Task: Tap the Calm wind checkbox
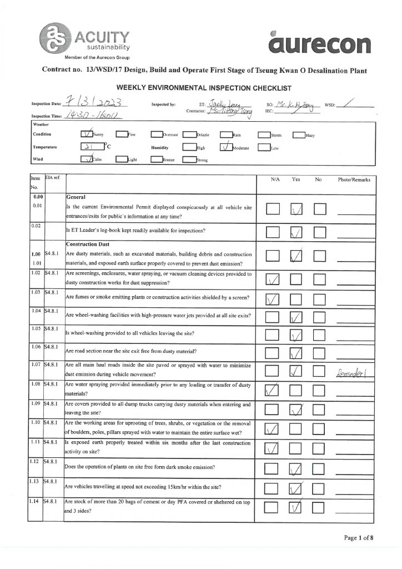[x=87, y=159]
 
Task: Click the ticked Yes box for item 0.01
[x=297, y=209]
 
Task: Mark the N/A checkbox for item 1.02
[x=273, y=278]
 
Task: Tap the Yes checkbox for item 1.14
[x=297, y=507]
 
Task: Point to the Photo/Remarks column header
[x=354, y=180]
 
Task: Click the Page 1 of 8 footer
[x=358, y=537]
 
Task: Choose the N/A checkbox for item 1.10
[x=273, y=430]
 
